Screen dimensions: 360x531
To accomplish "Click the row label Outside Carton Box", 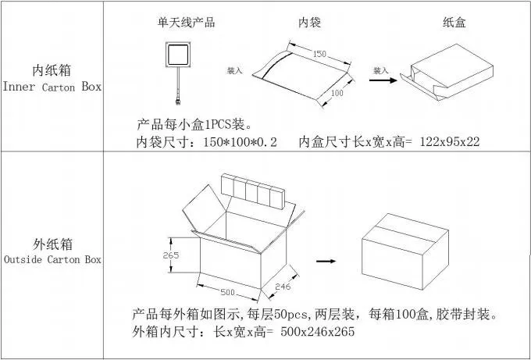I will click(x=52, y=258).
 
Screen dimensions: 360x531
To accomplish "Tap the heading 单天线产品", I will click(x=186, y=22).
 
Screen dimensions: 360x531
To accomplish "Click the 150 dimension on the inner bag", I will click(x=319, y=54).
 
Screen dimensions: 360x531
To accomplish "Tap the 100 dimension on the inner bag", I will click(x=337, y=93).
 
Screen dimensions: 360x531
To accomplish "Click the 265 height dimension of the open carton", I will click(x=172, y=255).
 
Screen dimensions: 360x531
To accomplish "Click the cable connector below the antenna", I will click(x=180, y=99).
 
